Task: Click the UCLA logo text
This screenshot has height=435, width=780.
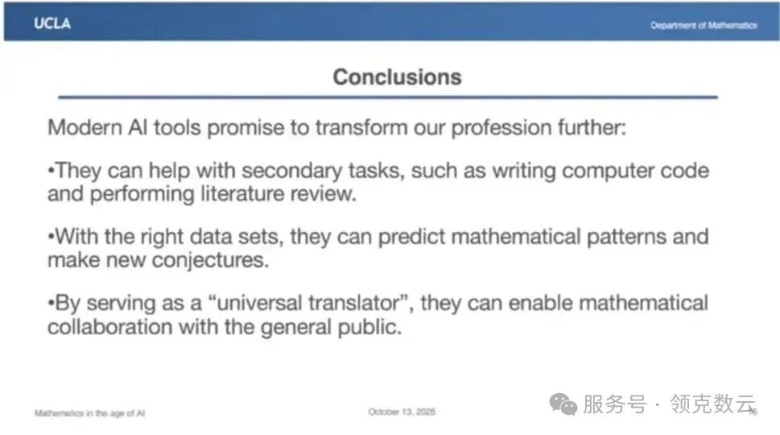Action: click(x=52, y=23)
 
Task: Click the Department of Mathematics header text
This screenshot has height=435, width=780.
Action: click(x=704, y=26)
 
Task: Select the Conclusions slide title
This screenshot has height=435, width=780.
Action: click(x=398, y=77)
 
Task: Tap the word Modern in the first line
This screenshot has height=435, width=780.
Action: click(x=85, y=127)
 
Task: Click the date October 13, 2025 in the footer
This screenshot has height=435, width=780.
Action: click(x=402, y=412)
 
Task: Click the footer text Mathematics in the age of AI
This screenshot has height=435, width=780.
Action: click(x=89, y=413)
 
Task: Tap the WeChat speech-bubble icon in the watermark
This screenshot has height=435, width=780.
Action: click(x=563, y=404)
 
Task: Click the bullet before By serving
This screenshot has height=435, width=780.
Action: click(x=51, y=303)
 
